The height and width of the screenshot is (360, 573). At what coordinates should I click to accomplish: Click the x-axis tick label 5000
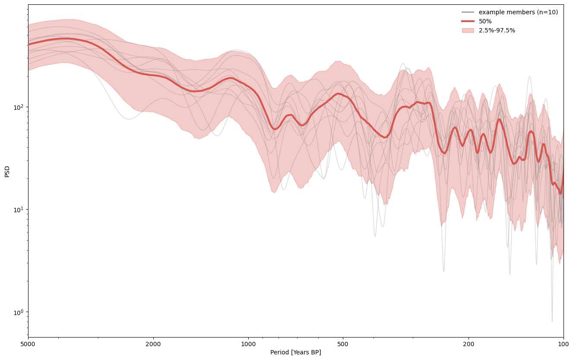click(28, 344)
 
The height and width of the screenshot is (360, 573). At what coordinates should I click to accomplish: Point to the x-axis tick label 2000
click(153, 344)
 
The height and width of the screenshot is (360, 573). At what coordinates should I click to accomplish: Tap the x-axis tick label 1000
click(248, 344)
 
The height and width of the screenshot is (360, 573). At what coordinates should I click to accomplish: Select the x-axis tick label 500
click(343, 344)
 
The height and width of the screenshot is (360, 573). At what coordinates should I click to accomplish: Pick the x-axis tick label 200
click(469, 344)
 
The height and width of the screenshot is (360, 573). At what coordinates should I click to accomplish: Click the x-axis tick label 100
click(563, 344)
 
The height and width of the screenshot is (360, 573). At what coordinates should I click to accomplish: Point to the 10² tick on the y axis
click(19, 107)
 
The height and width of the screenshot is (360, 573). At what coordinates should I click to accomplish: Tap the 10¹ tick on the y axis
click(19, 210)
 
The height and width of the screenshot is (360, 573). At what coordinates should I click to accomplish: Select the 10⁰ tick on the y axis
click(19, 312)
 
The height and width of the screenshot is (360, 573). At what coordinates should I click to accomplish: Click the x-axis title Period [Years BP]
click(295, 353)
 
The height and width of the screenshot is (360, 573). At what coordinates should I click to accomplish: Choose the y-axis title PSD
click(7, 171)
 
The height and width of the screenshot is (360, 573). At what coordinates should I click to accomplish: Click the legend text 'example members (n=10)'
click(518, 12)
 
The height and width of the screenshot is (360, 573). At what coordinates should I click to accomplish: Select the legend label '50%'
click(485, 21)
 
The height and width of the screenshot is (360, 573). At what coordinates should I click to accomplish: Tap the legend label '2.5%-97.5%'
click(497, 30)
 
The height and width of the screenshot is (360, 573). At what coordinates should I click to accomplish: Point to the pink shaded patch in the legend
click(468, 30)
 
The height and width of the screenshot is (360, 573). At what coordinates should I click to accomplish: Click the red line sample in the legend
click(468, 21)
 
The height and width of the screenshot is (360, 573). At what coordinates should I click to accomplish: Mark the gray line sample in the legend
click(468, 12)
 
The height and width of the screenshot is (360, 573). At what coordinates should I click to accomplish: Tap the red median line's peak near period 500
click(338, 93)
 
